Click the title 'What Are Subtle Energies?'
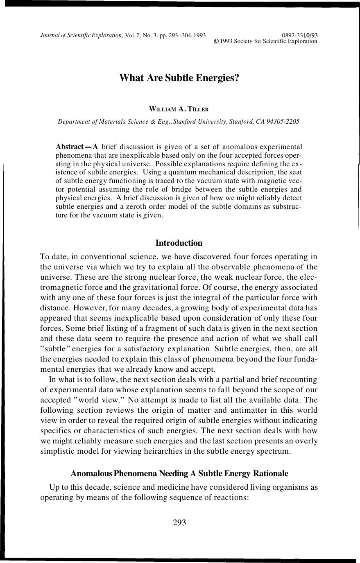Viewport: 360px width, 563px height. coord(179,78)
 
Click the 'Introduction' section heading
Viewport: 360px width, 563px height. coord(179,243)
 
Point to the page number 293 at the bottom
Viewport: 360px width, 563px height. coord(180,522)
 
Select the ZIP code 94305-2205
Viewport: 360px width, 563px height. coord(283,122)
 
